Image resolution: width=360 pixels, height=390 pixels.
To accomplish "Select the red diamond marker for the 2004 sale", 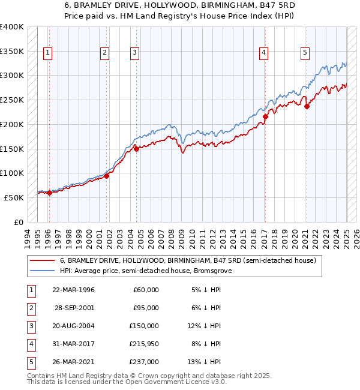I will pyautogui.click(x=136, y=149).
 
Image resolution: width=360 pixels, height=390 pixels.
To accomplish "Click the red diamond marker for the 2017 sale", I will pyautogui.click(x=266, y=116).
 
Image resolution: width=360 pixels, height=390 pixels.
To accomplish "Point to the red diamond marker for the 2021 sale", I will pyautogui.click(x=306, y=107).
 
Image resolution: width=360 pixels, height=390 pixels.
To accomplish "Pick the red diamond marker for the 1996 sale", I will pyautogui.click(x=49, y=193).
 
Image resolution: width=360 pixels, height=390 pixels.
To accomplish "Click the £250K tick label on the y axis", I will pyautogui.click(x=11, y=100).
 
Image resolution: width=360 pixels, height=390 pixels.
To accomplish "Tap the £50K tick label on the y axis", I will pyautogui.click(x=14, y=197).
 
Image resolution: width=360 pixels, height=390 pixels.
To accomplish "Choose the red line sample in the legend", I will pyautogui.click(x=41, y=260).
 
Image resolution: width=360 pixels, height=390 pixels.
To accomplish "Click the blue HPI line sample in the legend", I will pyautogui.click(x=41, y=271).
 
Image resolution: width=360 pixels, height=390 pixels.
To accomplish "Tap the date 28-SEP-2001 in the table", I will pyautogui.click(x=74, y=307).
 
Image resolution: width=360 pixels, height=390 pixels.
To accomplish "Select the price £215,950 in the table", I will pyautogui.click(x=144, y=344).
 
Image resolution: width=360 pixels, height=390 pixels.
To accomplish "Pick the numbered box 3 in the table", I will pyautogui.click(x=31, y=326).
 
